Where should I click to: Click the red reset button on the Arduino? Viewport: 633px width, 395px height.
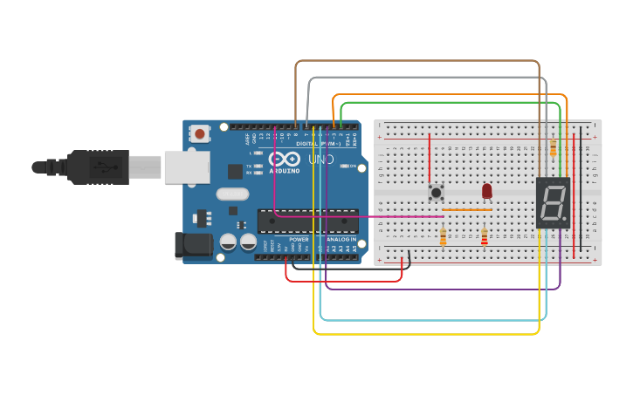[x=200, y=134]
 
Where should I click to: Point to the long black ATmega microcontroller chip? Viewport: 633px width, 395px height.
[x=307, y=221]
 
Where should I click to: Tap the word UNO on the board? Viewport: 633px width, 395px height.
[x=320, y=160]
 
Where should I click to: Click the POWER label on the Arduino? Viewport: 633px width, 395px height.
[x=299, y=239]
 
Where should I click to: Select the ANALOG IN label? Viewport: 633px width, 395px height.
[x=340, y=239]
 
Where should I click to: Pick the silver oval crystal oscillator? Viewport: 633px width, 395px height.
[x=232, y=194]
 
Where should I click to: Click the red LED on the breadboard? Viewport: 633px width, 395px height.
[x=487, y=191]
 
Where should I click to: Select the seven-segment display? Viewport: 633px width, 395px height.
[x=552, y=203]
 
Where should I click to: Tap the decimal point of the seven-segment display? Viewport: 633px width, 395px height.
[x=564, y=220]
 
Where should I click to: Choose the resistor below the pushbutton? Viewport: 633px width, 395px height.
[x=443, y=236]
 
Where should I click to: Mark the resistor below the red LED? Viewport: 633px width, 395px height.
[x=485, y=236]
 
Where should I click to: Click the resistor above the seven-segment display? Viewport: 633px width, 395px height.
[x=553, y=148]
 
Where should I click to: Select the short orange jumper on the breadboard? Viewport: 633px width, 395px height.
[x=467, y=210]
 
